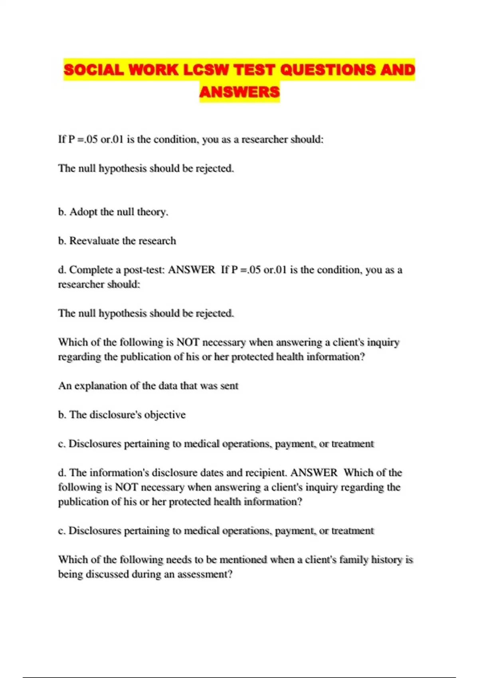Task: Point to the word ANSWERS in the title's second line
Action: pyautogui.click(x=239, y=92)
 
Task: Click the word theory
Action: pyautogui.click(x=152, y=212)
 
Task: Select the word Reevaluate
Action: pyautogui.click(x=94, y=241)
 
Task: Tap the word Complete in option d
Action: pyautogui.click(x=91, y=270)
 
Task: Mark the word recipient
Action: pyautogui.click(x=265, y=473)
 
